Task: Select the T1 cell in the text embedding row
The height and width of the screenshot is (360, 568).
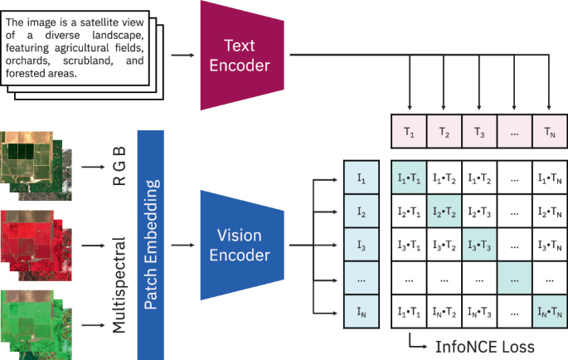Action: pos(409,132)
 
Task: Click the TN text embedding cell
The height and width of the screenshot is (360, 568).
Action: pos(548,132)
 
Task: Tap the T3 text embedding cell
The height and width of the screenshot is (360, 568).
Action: pos(478,132)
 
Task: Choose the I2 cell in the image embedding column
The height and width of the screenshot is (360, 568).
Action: pos(361,212)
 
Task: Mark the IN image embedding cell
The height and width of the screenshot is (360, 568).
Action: pos(361,314)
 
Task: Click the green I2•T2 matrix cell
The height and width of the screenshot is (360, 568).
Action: pos(444,212)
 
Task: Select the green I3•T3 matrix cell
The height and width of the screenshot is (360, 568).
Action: pos(478,246)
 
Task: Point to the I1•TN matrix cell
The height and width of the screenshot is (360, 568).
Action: pos(548,178)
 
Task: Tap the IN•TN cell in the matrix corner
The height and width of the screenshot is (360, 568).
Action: pos(548,314)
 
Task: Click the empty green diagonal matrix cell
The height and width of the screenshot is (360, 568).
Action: pos(513,280)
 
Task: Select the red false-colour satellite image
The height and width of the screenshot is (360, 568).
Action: pos(29,241)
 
